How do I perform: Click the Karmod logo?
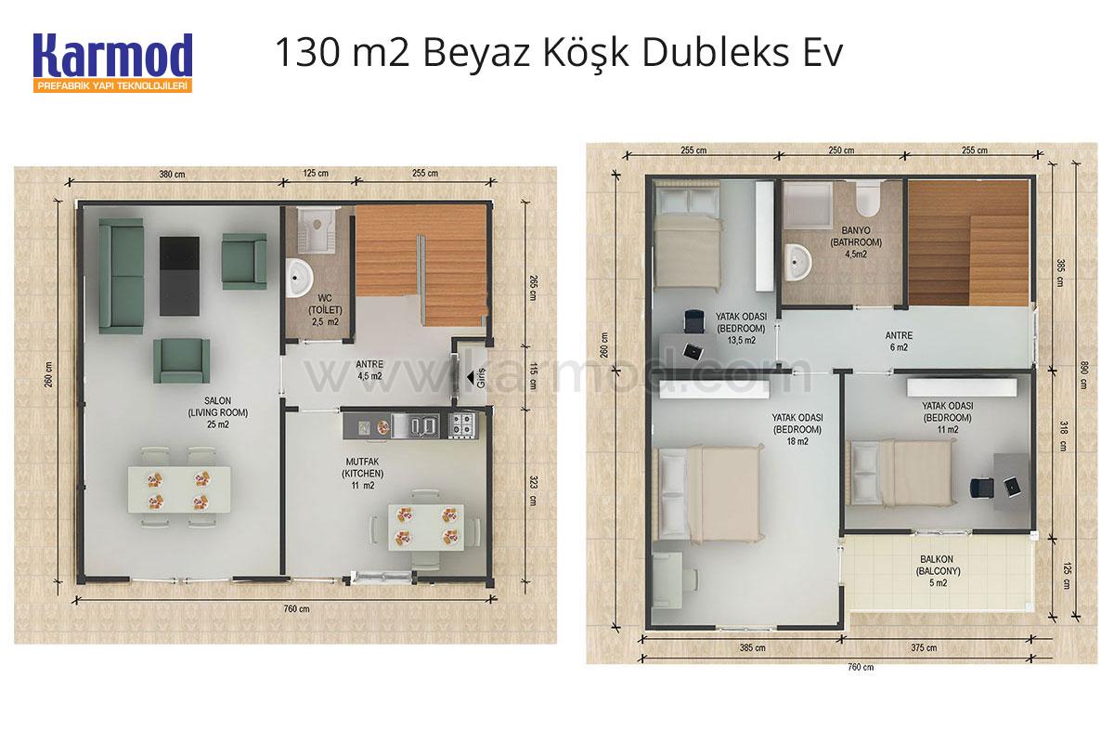[113, 63]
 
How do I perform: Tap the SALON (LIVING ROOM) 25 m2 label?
[218, 412]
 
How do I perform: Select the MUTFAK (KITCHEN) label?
[363, 468]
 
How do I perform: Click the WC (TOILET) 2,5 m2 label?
[325, 310]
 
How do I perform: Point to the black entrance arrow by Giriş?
[471, 378]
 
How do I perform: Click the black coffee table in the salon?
[179, 276]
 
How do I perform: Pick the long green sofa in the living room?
[122, 276]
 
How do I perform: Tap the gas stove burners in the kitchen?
[461, 424]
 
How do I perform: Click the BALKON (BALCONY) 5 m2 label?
[938, 571]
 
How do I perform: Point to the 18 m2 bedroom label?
[797, 429]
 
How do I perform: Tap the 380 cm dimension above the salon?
[172, 175]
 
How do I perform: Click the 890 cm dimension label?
[1084, 375]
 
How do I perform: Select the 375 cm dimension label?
[924, 647]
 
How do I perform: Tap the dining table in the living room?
[179, 489]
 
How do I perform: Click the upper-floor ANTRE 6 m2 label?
[899, 342]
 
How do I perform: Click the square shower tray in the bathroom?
[808, 205]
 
